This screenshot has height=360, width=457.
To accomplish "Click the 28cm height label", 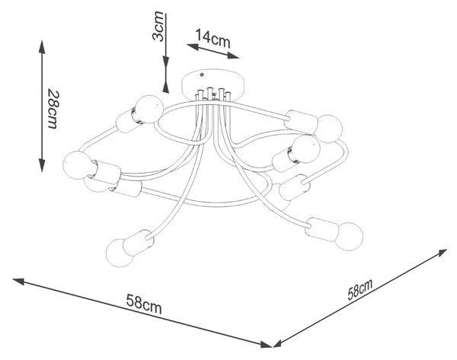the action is [x=53, y=110].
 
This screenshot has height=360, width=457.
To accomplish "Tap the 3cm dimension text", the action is [x=158, y=26].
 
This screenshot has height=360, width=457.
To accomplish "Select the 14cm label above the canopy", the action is [x=213, y=39].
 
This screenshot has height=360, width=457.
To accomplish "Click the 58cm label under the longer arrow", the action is [x=144, y=304].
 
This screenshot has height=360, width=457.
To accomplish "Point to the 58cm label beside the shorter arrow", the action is [x=360, y=289].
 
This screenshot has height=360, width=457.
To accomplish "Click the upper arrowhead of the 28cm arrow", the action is [x=42, y=46].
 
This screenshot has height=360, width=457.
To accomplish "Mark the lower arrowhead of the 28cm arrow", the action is [x=42, y=165].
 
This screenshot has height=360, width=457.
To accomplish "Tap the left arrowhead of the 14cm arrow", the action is [x=193, y=46].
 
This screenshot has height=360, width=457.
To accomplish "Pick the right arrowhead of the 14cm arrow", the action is [x=233, y=56].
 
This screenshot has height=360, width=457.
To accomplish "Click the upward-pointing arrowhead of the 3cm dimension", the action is [x=165, y=87].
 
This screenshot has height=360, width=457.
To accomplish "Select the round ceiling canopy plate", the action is [x=213, y=84].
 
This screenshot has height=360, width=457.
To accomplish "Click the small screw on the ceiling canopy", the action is [x=201, y=75].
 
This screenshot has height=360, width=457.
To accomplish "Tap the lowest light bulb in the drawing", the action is [x=120, y=252].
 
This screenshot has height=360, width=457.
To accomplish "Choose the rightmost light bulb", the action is [x=349, y=236].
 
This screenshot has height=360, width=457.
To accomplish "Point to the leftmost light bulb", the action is [x=77, y=165].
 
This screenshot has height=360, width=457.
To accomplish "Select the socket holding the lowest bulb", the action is [x=139, y=242].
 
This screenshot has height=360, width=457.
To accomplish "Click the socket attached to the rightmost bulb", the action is [x=321, y=229].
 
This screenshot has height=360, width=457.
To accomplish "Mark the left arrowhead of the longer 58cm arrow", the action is [x=18, y=282].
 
